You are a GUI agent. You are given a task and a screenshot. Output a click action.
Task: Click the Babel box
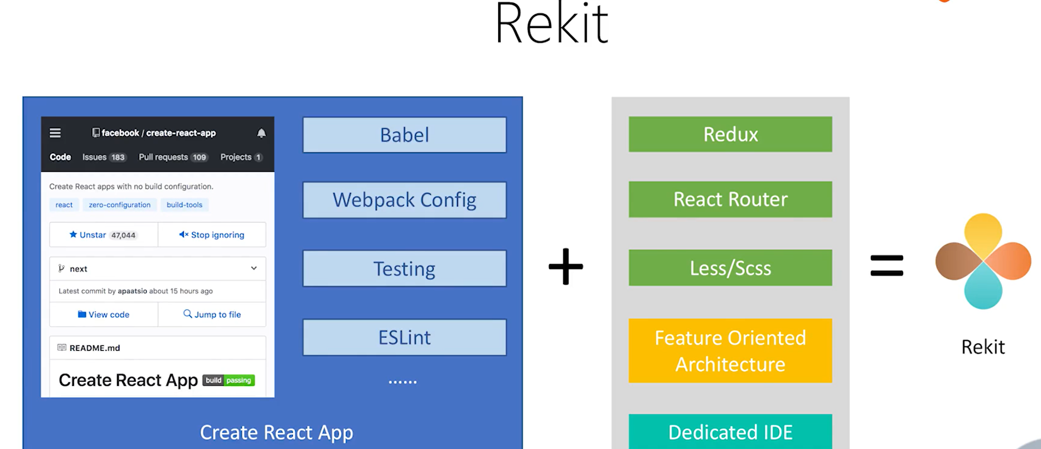pos(404,135)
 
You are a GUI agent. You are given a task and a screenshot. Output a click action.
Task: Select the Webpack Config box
pos(404,200)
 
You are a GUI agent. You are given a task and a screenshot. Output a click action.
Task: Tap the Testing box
pos(404,268)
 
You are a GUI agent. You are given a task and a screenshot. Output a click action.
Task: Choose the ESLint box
pos(404,337)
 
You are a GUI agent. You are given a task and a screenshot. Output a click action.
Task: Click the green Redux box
pos(730,134)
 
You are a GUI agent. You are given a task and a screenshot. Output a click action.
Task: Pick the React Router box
pos(730,199)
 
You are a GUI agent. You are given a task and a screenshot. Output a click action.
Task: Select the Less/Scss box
pos(730,268)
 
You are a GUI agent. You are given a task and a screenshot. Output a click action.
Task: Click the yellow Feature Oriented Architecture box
pos(730,351)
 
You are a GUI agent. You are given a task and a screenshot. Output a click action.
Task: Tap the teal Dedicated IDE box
pos(730,432)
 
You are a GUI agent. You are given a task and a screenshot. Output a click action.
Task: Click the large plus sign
pos(566,267)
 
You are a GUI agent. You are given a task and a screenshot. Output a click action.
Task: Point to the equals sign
pos(886,266)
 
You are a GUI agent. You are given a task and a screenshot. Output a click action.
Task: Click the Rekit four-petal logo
pos(983,262)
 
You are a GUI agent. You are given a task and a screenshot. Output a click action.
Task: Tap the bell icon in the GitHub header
pos(261,133)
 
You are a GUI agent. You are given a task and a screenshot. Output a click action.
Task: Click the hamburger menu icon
pos(55,133)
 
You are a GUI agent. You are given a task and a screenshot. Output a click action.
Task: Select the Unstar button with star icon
pos(103,235)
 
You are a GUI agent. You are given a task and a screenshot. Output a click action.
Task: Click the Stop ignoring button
pos(212,235)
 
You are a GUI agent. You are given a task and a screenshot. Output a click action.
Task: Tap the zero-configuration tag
pos(120,205)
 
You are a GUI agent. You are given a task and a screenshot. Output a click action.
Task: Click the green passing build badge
pos(239,380)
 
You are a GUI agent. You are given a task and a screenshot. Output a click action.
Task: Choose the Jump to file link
pos(212,314)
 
